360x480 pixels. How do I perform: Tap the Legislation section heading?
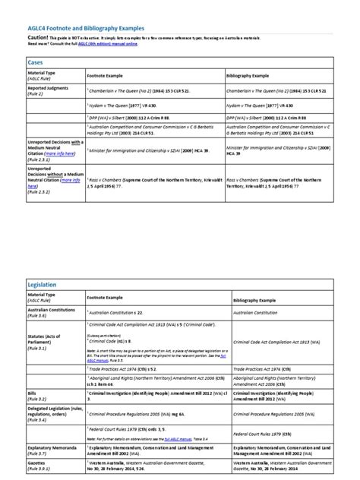pos(43,284)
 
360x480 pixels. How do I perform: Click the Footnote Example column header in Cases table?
pos(106,77)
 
